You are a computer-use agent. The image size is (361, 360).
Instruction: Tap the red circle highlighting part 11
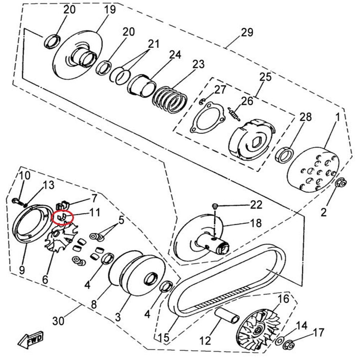click(63, 218)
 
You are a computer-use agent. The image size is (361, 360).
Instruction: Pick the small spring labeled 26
click(234, 114)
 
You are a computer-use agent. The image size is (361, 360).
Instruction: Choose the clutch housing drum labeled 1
click(314, 170)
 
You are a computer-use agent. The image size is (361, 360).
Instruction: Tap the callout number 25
click(265, 78)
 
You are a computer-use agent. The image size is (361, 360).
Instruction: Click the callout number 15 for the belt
click(164, 338)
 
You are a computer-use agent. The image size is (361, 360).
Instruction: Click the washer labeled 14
click(280, 341)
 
